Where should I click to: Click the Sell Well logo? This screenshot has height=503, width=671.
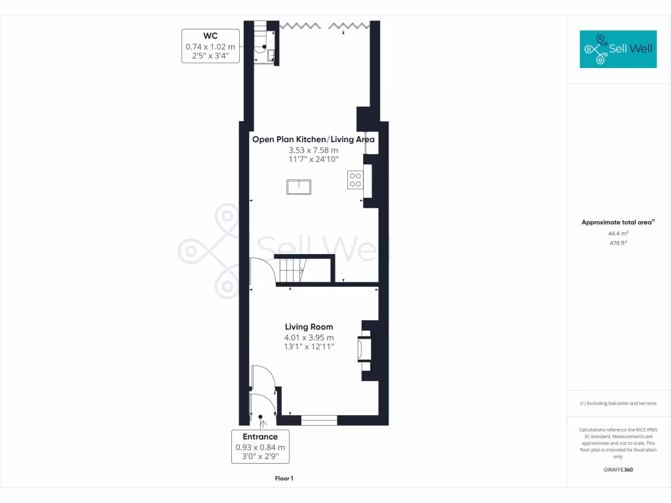[x=618, y=49]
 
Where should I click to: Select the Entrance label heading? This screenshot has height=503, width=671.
[x=260, y=437]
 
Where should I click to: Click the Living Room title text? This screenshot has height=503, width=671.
[x=309, y=327]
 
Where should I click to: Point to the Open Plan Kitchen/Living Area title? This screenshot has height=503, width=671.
[x=313, y=140]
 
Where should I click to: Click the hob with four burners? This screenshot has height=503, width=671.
[x=355, y=179]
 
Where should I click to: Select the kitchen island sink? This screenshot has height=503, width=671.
[x=299, y=187]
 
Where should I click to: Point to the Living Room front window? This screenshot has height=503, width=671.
[x=319, y=417]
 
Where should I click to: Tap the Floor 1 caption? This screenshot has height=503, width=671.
[x=284, y=479]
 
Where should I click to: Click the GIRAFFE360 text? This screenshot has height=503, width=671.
[x=618, y=470]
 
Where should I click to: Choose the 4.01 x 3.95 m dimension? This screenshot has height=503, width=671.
[x=309, y=337]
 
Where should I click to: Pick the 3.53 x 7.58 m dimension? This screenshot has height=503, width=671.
[x=313, y=150]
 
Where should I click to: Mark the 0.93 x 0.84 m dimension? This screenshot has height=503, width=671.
[x=260, y=447]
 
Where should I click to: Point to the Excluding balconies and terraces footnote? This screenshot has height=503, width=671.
[x=618, y=403]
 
